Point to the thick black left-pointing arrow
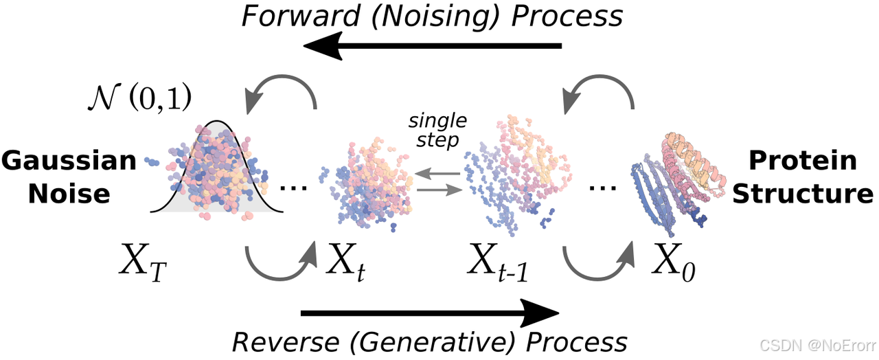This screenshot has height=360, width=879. pos(433,47)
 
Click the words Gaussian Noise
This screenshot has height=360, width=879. pos(69,177)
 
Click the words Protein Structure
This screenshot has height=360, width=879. pos(802,177)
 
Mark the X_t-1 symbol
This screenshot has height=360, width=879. pos(501,265)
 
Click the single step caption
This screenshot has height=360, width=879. pos(437,131)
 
